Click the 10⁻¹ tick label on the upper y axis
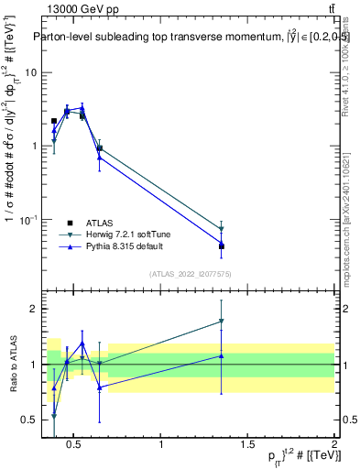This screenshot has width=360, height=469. tap(28, 220)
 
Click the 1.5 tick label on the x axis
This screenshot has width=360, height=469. tap(247, 445)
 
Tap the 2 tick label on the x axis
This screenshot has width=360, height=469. tap(334, 445)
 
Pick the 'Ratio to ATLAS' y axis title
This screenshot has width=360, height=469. tap(12, 364)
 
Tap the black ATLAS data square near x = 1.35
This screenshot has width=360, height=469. tap(222, 246)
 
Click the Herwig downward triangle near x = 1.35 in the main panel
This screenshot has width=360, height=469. tap(222, 229)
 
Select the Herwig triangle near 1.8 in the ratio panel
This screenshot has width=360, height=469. tap(222, 322)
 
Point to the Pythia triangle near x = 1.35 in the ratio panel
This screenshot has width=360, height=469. tap(222, 355)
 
